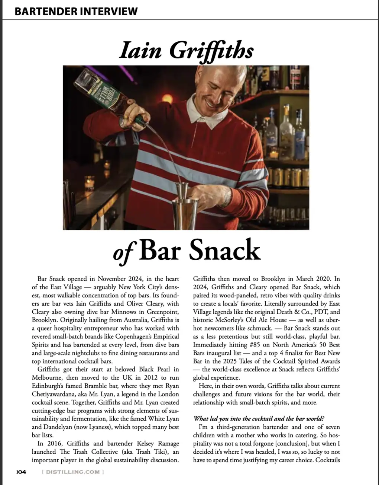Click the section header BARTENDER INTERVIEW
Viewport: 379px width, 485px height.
point(76,11)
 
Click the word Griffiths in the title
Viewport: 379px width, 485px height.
point(211,51)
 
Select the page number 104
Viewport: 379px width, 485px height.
point(21,472)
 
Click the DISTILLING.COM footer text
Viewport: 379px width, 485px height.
point(73,472)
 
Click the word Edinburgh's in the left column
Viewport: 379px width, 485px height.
point(50,386)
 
